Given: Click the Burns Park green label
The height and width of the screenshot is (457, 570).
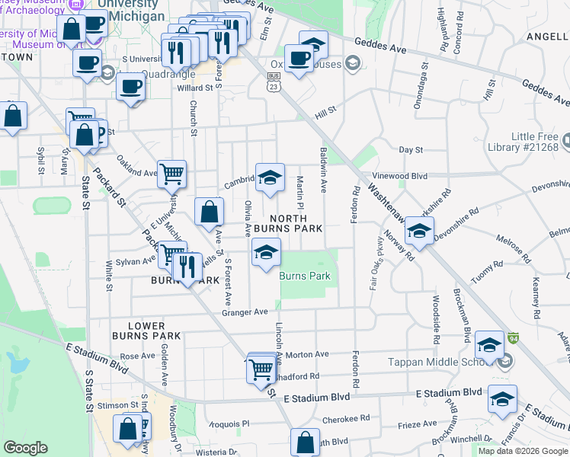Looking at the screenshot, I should pyautogui.click(x=305, y=276).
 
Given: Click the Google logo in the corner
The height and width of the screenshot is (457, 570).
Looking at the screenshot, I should pyautogui.click(x=26, y=448).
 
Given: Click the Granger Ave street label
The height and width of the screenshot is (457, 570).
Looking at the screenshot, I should pyautogui.click(x=245, y=312).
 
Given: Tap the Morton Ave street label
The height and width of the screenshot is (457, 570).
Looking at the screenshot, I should pyautogui.click(x=306, y=354).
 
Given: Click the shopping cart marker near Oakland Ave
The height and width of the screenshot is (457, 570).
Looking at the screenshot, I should pyautogui.click(x=171, y=174).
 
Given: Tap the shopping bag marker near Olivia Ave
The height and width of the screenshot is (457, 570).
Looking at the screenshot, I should pyautogui.click(x=209, y=212).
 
